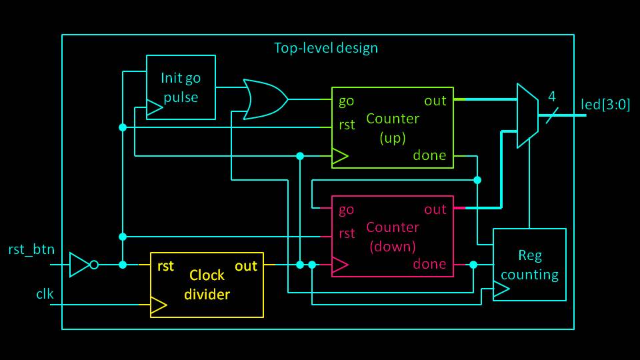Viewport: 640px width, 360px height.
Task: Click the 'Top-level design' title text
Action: tap(326, 48)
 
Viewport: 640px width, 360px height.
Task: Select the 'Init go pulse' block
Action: tap(180, 87)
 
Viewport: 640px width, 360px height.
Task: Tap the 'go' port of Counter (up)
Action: tap(347, 101)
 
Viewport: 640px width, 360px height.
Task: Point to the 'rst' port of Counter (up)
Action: tap(347, 125)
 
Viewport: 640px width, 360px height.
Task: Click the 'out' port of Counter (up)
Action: tap(435, 101)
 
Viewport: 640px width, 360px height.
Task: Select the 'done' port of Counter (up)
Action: tap(430, 156)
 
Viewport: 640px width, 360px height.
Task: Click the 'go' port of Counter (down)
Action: tap(347, 210)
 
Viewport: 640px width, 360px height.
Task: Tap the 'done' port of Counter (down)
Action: tap(430, 264)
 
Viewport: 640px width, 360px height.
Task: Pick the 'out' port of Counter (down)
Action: tap(435, 210)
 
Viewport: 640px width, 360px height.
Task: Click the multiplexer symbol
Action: tap(527, 115)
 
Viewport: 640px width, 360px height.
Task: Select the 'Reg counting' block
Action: tap(529, 265)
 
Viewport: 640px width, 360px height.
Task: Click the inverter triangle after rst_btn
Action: tap(80, 265)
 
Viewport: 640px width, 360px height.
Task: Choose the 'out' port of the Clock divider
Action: tap(246, 266)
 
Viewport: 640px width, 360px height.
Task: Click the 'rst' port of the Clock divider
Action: tap(165, 266)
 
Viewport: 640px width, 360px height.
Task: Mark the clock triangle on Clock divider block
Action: tap(158, 305)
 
